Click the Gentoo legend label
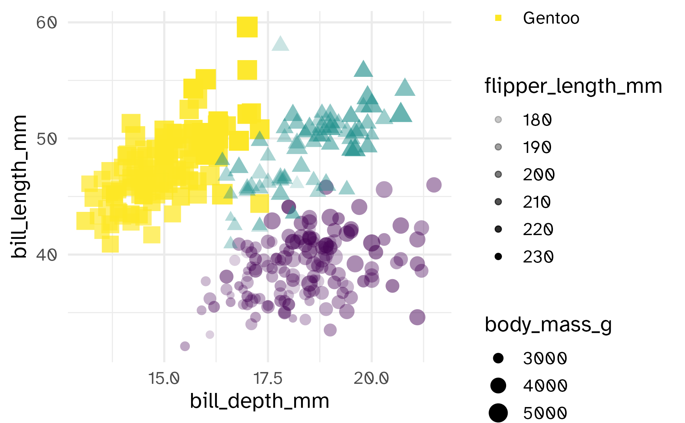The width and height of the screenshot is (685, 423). pyautogui.click(x=551, y=18)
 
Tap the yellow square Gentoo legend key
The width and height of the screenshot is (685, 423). pyautogui.click(x=498, y=18)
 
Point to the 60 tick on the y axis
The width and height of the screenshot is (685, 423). pyautogui.click(x=46, y=23)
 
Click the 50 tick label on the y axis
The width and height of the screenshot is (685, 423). pyautogui.click(x=46, y=139)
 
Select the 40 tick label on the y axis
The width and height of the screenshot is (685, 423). pyautogui.click(x=46, y=255)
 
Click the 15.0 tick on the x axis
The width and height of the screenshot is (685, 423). pyautogui.click(x=164, y=378)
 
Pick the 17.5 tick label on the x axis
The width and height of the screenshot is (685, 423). pyautogui.click(x=268, y=378)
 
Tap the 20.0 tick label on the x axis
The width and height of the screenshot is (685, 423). pyautogui.click(x=371, y=378)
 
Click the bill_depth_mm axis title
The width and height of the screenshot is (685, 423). pyautogui.click(x=260, y=401)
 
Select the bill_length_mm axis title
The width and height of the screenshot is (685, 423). pyautogui.click(x=19, y=186)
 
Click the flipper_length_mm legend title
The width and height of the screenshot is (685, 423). pyautogui.click(x=573, y=86)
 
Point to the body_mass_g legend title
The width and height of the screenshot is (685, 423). pyautogui.click(x=548, y=325)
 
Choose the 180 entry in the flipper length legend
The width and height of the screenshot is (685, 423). pyautogui.click(x=537, y=120)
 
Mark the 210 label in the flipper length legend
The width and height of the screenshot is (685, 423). pyautogui.click(x=537, y=202)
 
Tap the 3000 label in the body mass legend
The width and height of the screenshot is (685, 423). pyautogui.click(x=545, y=358)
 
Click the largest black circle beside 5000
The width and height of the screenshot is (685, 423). pyautogui.click(x=498, y=413)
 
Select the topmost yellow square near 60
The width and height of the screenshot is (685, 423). pyautogui.click(x=247, y=27)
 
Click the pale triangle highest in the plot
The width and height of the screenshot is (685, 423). pyautogui.click(x=280, y=44)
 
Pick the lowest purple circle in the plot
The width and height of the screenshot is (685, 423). pyautogui.click(x=185, y=346)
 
